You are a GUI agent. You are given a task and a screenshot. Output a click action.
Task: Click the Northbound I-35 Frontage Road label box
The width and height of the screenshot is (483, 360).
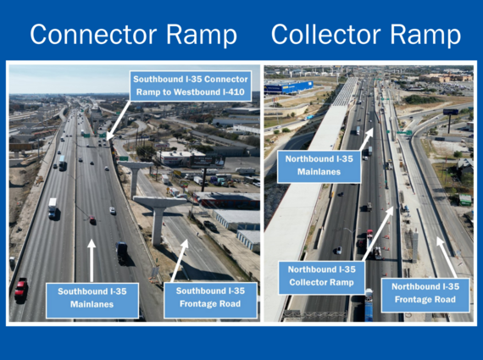(x=425, y=292)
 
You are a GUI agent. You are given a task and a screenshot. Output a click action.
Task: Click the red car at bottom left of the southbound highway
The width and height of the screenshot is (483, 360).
(x=20, y=287)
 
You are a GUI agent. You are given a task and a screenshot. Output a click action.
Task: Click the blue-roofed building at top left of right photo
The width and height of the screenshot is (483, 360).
(x=289, y=86)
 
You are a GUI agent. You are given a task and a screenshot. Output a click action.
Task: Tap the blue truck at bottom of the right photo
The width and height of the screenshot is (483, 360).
(x=367, y=306)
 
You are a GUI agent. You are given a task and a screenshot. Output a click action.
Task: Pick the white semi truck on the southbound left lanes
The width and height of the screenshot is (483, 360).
(x=53, y=207)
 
